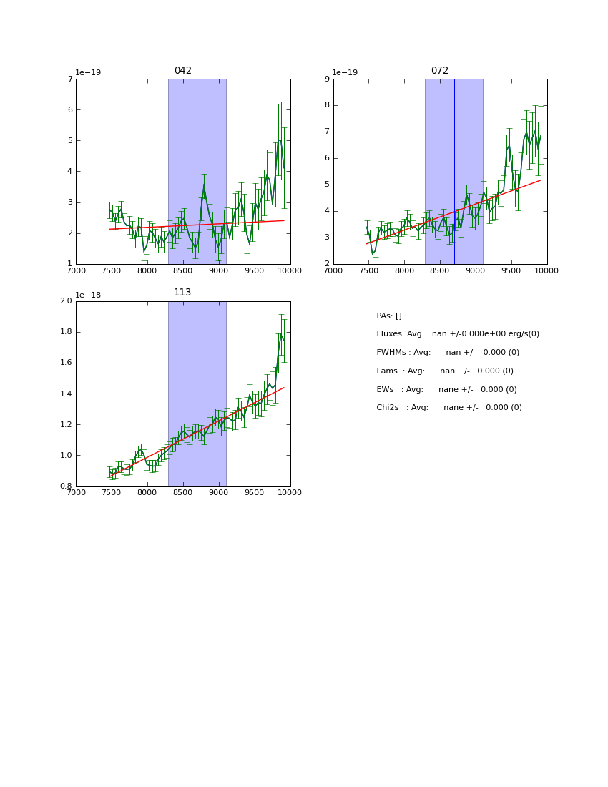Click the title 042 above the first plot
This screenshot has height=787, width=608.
[x=183, y=71]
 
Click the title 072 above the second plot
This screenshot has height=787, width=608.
[x=439, y=71]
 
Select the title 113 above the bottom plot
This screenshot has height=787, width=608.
[x=182, y=293]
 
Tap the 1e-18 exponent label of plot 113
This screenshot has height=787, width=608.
[x=88, y=295]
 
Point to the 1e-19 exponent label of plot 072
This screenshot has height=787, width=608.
[x=345, y=73]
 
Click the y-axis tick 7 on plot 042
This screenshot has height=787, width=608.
[x=70, y=79]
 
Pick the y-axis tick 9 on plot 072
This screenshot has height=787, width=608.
[x=327, y=79]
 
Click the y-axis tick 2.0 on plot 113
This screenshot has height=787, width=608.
[x=66, y=301]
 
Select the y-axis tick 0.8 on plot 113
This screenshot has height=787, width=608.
[x=66, y=487]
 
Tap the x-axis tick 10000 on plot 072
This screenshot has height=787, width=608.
[x=546, y=270]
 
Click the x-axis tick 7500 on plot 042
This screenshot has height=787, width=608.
[x=112, y=270]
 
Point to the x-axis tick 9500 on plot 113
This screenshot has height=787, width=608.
[x=254, y=492]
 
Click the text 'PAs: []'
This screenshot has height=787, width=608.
[x=389, y=316]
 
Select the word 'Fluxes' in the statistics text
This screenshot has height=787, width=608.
[x=390, y=334]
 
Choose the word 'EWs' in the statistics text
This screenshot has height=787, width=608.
[x=385, y=390]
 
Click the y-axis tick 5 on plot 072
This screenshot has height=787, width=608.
[x=327, y=185]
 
